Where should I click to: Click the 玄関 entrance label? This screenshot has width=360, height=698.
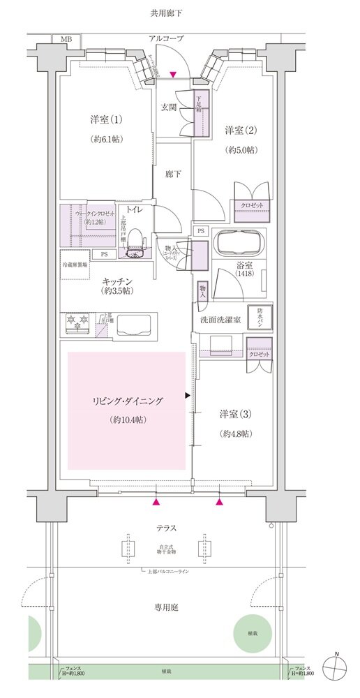(169, 107)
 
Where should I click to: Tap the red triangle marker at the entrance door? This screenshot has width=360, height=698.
(173, 75)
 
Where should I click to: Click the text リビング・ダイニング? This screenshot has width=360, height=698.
(127, 401)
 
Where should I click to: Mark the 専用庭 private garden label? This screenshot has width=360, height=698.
(167, 607)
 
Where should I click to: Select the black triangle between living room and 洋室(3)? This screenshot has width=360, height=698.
(187, 396)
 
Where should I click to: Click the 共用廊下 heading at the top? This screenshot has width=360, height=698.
(167, 13)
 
